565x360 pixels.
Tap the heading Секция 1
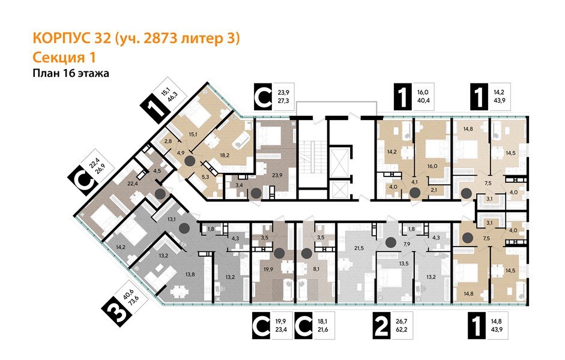pyautogui.click(x=62, y=57)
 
